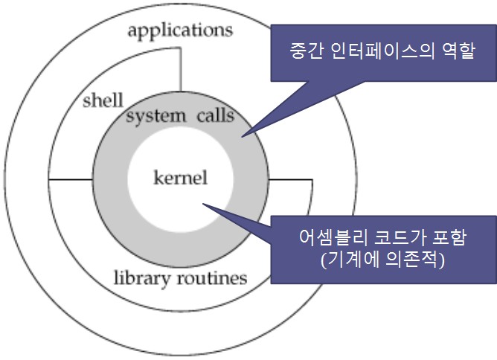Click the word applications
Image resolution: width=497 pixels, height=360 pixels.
(x=180, y=31)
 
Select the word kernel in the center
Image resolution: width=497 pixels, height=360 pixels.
(x=179, y=178)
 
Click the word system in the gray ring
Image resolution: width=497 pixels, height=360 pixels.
(x=155, y=116)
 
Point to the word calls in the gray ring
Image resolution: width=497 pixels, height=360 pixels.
(x=216, y=116)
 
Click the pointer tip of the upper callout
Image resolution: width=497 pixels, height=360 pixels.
(x=243, y=136)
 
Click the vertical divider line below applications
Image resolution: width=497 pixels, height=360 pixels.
(x=180, y=78)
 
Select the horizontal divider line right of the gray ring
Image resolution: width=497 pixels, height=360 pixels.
(x=290, y=180)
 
